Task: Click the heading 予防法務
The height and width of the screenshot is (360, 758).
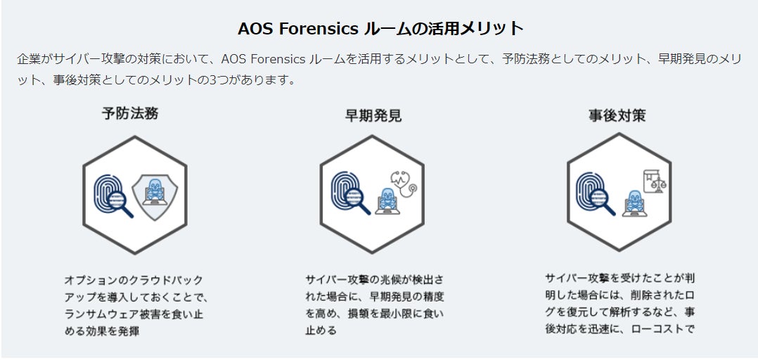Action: tap(130, 112)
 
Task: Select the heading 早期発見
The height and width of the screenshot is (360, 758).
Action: tap(373, 115)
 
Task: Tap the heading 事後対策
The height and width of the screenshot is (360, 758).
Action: tap(617, 115)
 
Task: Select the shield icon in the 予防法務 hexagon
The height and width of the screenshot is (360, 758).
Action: tap(155, 197)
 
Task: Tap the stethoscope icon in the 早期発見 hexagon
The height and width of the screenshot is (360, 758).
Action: tap(404, 185)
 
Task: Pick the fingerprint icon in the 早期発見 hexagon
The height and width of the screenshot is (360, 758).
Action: tap(345, 186)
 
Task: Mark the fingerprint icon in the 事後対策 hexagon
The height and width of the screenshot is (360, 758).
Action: tap(590, 188)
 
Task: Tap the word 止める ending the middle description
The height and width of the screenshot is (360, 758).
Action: tap(321, 330)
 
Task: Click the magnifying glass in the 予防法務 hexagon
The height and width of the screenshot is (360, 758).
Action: tap(121, 205)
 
